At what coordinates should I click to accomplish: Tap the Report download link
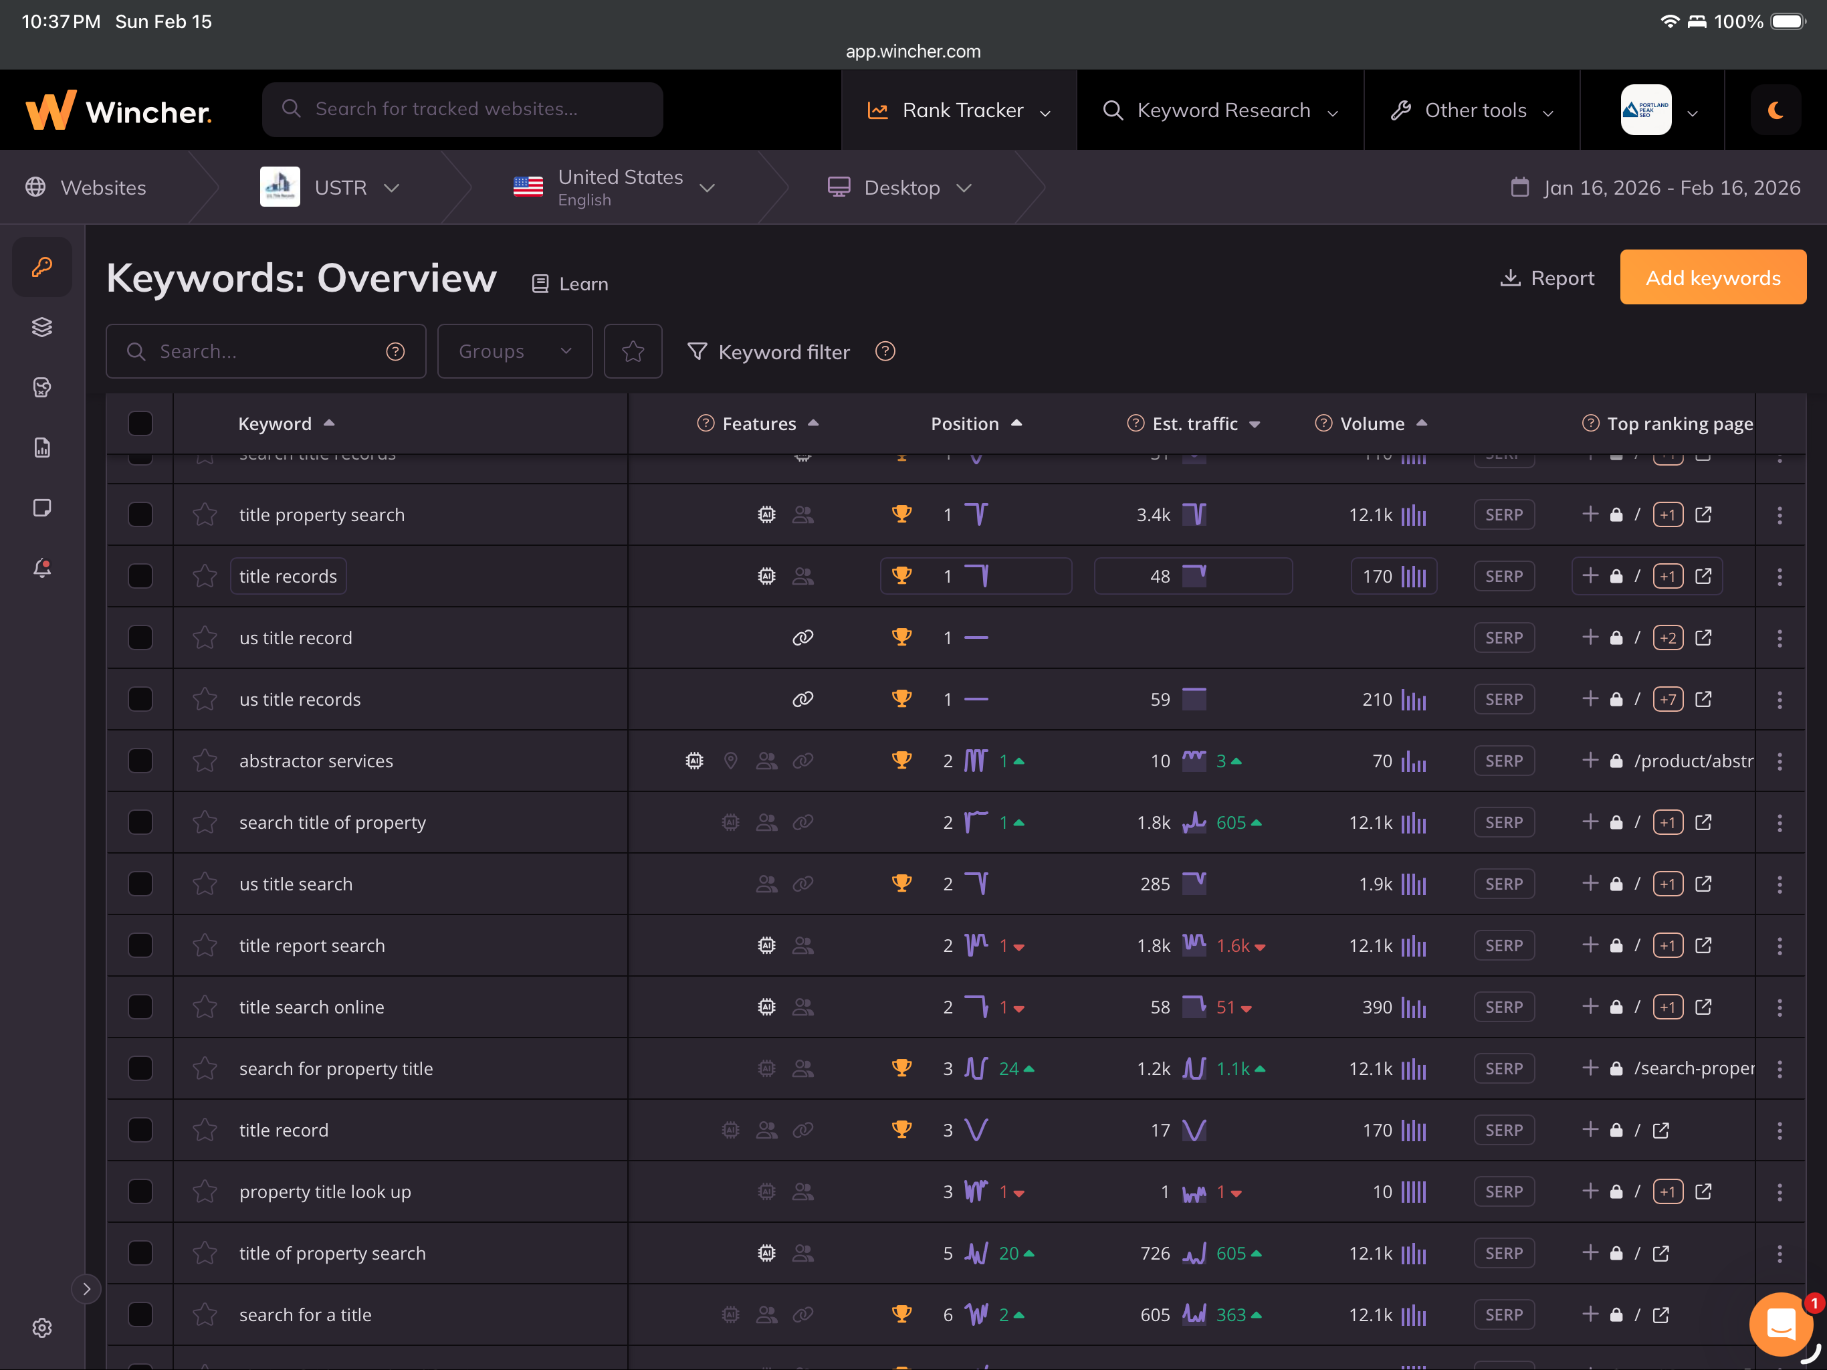1547,278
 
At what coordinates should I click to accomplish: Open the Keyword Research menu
1220,110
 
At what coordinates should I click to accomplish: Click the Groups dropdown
514,351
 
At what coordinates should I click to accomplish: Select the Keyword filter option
769,352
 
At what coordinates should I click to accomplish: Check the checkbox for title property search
140,515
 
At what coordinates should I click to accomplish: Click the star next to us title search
205,884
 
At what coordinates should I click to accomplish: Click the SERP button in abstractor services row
1503,761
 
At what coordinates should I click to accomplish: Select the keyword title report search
312,945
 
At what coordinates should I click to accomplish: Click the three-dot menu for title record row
1779,1131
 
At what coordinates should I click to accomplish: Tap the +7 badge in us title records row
1668,700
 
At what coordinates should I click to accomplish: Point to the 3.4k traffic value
1153,515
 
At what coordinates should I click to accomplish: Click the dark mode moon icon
1775,110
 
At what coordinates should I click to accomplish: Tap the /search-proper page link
1693,1068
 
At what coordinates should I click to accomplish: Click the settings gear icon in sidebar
42,1327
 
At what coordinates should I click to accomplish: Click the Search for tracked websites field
463,109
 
